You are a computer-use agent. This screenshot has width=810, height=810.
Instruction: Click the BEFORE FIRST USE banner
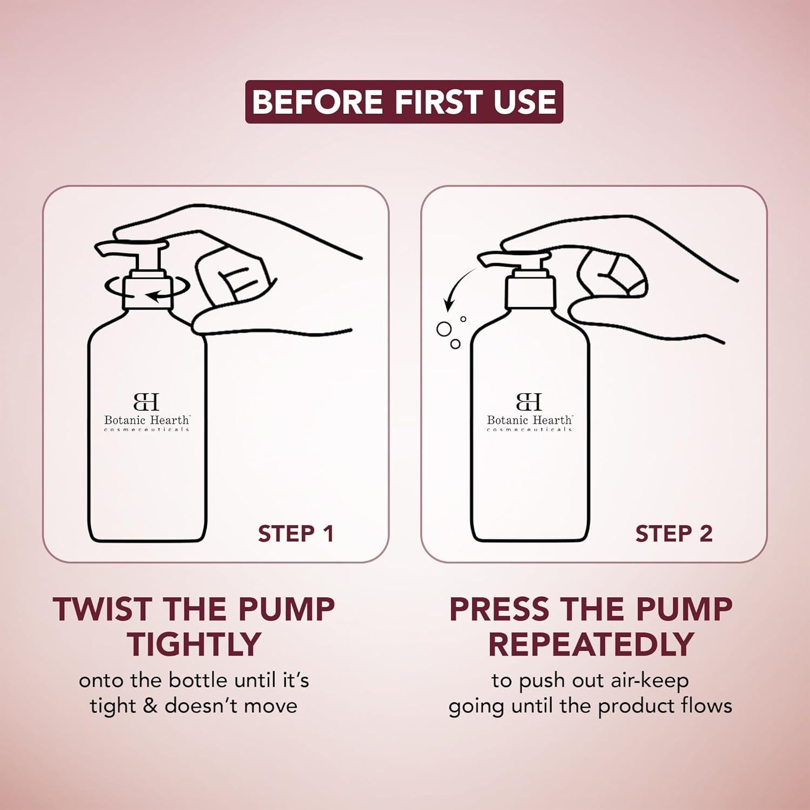404,102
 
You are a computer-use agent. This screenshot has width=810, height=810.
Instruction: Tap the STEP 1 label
296,534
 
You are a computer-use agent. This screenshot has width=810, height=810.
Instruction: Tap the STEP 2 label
674,534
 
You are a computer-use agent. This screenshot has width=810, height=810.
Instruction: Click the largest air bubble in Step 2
444,329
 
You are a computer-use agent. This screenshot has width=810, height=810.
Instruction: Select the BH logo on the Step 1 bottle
146,402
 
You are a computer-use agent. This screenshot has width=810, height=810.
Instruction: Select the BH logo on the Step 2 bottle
529,402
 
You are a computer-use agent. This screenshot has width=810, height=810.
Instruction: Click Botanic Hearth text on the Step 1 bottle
147,420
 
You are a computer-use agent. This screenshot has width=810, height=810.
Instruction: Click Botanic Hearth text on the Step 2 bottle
530,420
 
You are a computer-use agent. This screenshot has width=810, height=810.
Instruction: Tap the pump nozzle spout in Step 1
116,249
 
